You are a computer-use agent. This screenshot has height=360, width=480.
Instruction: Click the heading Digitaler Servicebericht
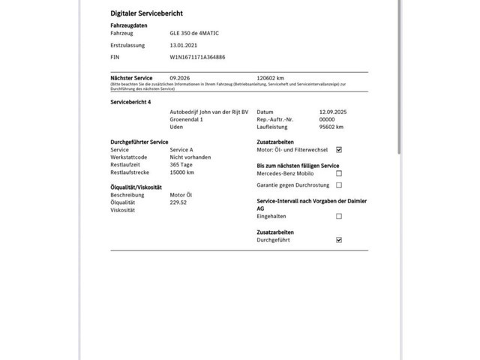pyautogui.click(x=147, y=13)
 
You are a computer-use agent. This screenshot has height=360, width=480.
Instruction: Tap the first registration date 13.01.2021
pyautogui.click(x=185, y=45)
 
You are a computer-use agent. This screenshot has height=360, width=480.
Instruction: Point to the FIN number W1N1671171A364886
pyautogui.click(x=198, y=56)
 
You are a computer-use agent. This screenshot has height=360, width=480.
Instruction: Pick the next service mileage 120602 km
pyautogui.click(x=271, y=77)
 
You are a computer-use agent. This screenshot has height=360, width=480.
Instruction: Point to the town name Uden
pyautogui.click(x=176, y=127)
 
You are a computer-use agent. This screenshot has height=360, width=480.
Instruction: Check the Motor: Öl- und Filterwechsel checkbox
pyautogui.click(x=339, y=150)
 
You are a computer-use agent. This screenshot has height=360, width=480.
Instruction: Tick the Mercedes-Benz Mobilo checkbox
pyautogui.click(x=339, y=173)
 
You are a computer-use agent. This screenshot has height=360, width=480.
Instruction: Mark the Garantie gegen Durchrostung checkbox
pyautogui.click(x=339, y=184)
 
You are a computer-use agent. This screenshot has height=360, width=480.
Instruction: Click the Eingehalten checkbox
pyautogui.click(x=339, y=216)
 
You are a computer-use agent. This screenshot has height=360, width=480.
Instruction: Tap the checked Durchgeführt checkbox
pyautogui.click(x=339, y=240)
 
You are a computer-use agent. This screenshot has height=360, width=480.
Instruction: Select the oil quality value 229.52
pyautogui.click(x=178, y=202)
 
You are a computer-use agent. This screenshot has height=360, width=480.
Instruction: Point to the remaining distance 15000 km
pyautogui.click(x=182, y=172)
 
